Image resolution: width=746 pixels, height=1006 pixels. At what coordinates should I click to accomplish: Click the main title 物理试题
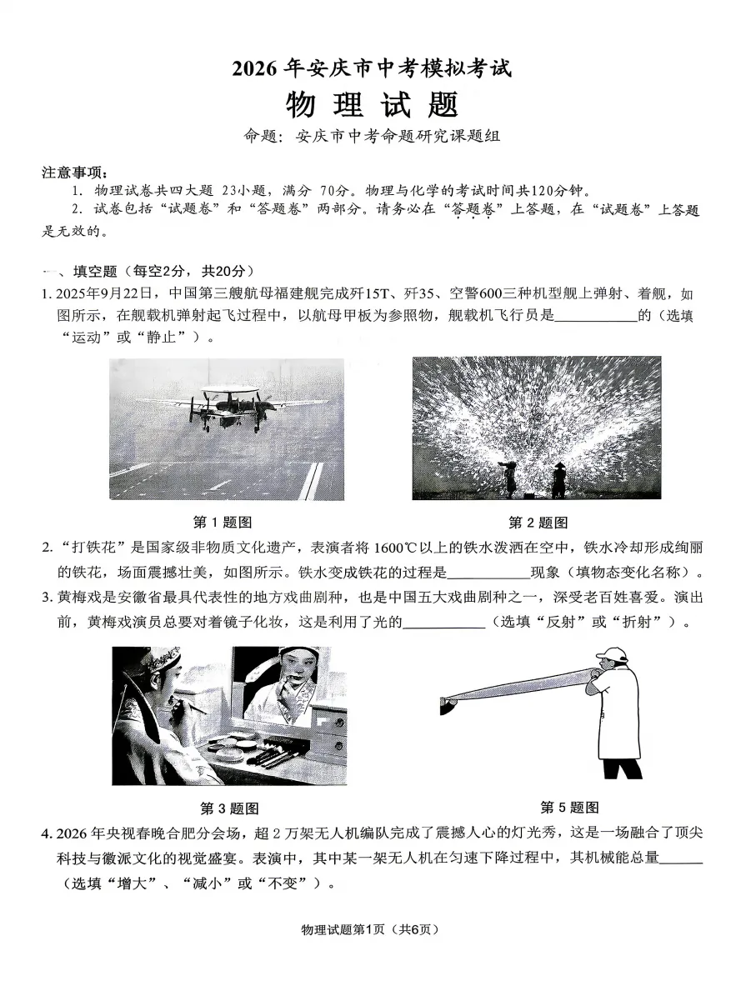[372, 106]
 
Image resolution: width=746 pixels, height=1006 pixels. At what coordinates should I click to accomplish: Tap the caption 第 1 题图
[223, 522]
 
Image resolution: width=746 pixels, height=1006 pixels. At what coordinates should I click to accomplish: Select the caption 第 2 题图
[538, 522]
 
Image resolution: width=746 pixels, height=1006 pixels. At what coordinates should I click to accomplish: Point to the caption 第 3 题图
[229, 808]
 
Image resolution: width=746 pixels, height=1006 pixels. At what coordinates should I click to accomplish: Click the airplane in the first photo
[221, 408]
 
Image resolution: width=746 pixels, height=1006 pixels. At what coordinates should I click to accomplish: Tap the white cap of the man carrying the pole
[613, 653]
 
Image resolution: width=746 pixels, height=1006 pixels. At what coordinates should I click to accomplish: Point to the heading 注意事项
[75, 173]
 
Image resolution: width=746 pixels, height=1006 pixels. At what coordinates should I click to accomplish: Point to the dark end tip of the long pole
[448, 708]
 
